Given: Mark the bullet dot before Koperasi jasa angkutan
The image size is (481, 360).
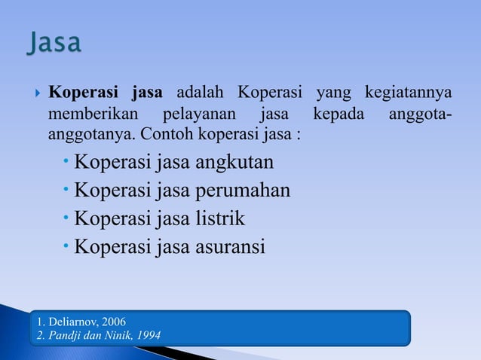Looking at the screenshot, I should click(x=67, y=162).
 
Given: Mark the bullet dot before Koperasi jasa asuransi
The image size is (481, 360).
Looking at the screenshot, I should click(x=67, y=246).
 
